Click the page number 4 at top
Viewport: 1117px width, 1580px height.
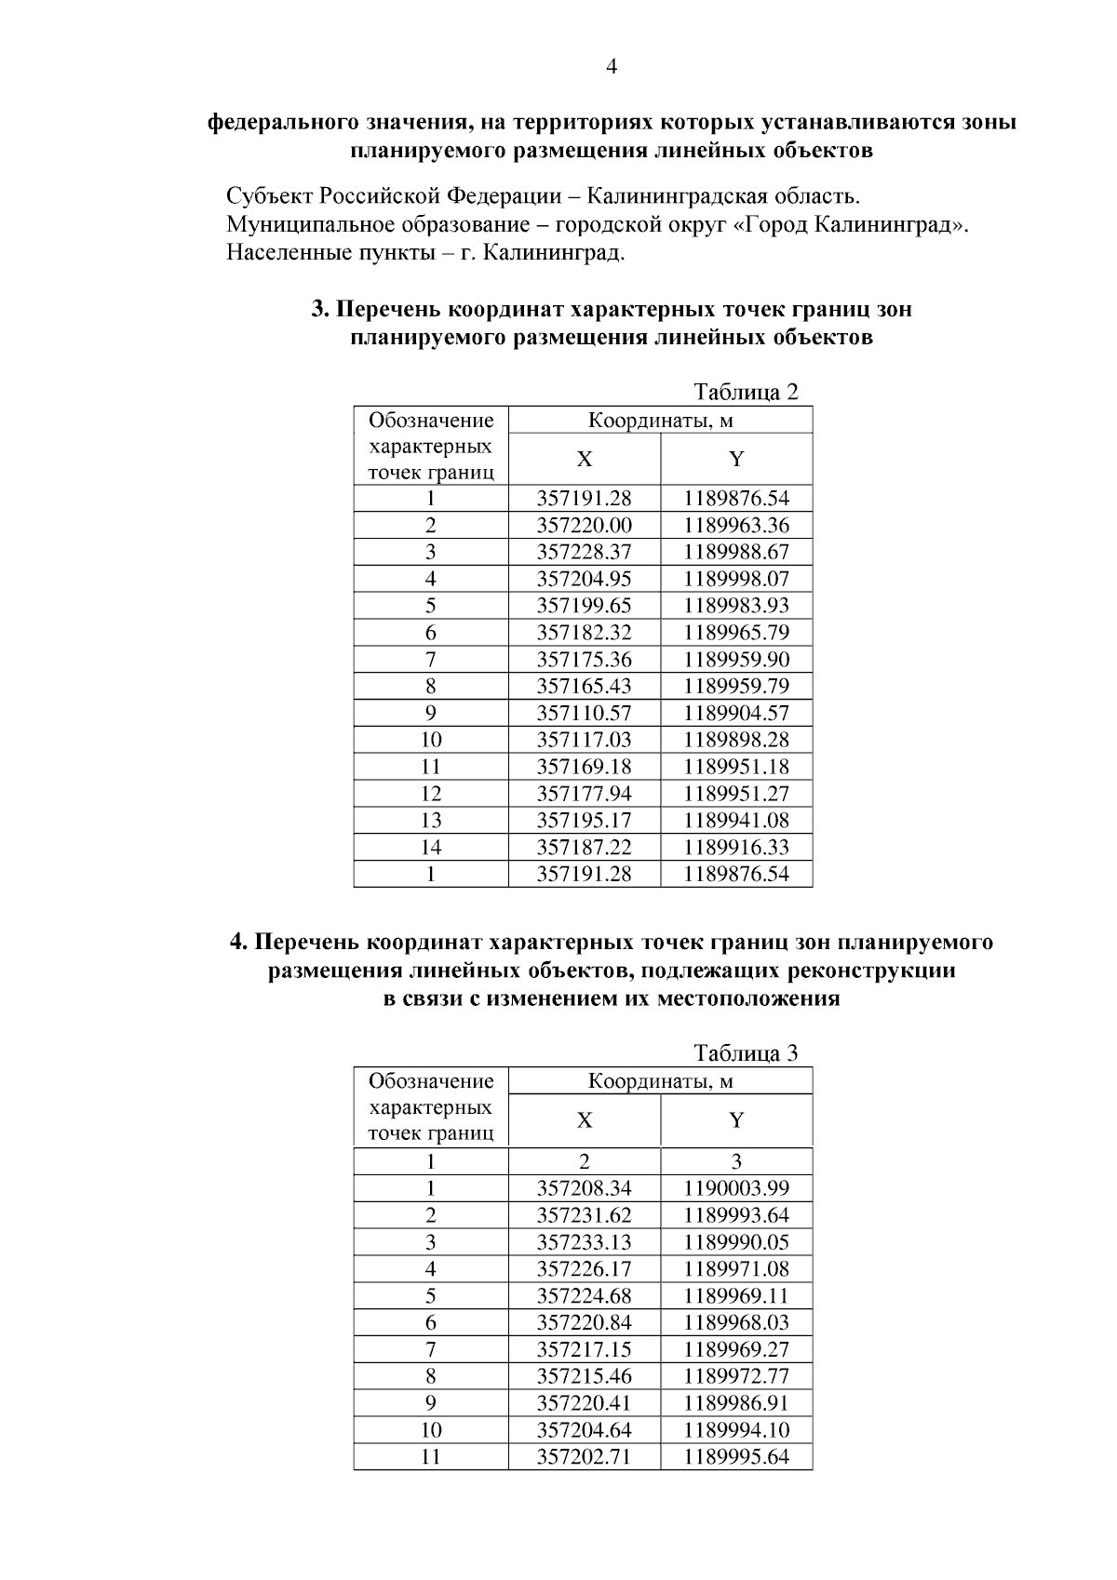(x=612, y=66)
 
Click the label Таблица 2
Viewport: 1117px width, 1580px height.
(x=746, y=392)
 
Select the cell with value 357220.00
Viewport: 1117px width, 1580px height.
(x=584, y=525)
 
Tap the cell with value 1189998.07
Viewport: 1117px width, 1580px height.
(x=735, y=579)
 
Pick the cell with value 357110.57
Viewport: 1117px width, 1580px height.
(x=584, y=714)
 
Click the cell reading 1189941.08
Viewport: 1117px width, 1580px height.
(x=735, y=821)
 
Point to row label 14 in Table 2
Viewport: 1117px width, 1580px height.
(x=431, y=848)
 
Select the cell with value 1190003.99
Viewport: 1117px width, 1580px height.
(x=735, y=1188)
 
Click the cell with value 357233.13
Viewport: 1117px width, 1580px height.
(x=584, y=1242)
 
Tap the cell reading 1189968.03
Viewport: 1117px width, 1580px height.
(x=735, y=1322)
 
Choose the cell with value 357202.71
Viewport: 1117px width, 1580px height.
(x=584, y=1456)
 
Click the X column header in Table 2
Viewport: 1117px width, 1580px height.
(x=584, y=460)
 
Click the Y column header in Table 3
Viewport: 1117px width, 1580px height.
(x=735, y=1119)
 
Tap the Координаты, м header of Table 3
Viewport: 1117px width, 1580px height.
(x=660, y=1081)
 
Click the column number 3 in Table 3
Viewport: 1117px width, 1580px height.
(x=735, y=1161)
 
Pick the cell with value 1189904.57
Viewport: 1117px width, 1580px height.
(x=735, y=714)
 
